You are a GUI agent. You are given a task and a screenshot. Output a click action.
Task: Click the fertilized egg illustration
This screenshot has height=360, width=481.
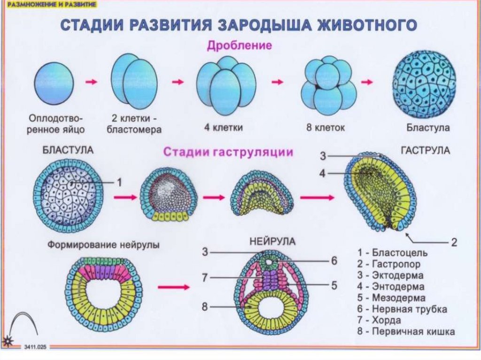pos(54,83)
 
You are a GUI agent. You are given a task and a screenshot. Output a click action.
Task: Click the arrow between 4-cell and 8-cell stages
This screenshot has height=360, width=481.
pos(278,82)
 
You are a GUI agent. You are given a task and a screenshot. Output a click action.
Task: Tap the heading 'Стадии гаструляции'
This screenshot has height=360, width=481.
pos(228,153)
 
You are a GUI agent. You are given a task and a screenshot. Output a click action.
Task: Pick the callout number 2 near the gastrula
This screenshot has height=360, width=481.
pos(454,242)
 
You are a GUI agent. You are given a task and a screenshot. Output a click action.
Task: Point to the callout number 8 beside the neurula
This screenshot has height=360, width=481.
pos(205,307)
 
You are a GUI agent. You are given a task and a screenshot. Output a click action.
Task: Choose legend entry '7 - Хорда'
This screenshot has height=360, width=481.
pos(386,321)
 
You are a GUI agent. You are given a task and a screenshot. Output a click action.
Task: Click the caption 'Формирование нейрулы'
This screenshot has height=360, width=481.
pos(102,245)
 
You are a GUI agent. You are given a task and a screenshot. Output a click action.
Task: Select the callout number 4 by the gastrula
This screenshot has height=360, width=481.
pos(322,174)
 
